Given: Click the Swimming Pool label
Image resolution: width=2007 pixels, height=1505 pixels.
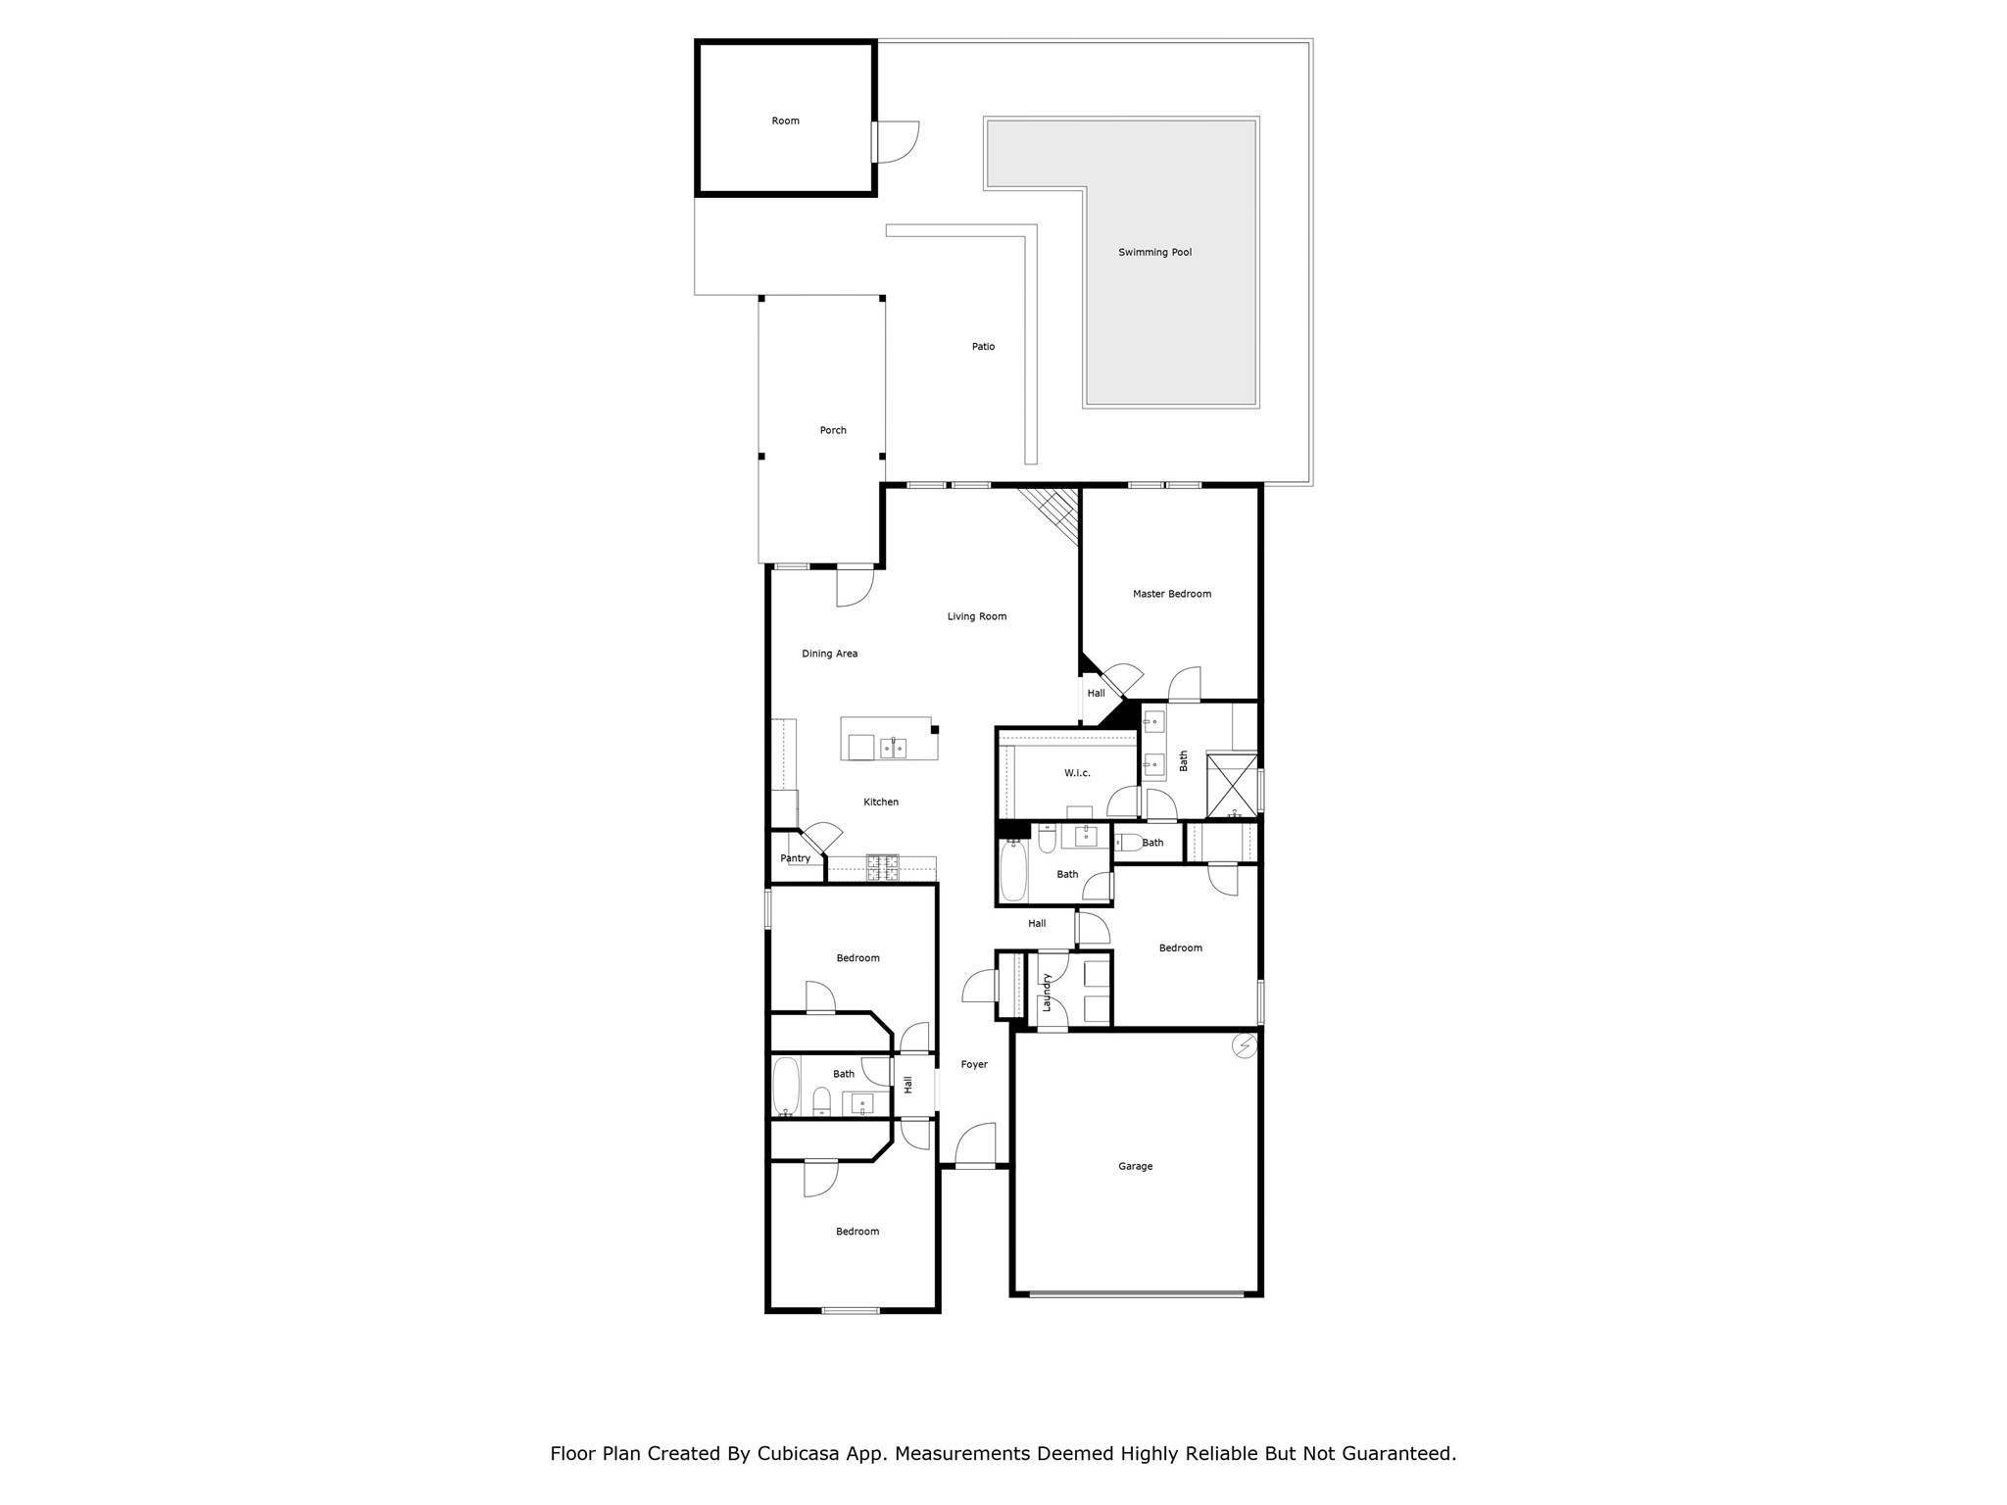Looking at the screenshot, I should coord(1154,253).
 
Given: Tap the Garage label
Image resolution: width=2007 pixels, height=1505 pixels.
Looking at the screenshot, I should coord(1135,1166).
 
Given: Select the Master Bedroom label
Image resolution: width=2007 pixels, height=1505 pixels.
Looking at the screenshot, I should coord(1171,594).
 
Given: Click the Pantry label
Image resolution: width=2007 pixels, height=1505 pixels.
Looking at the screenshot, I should coord(795,858).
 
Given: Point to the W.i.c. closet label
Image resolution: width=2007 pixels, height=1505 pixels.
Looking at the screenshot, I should coord(1077,773).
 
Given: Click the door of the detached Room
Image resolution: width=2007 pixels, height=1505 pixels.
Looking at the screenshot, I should coord(896,141).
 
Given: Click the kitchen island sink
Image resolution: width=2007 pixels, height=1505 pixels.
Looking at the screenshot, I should coord(893,749).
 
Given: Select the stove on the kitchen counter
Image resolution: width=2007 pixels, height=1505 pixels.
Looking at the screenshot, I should coord(881,868).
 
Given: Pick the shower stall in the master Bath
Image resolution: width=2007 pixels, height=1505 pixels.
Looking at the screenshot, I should coord(1232,786).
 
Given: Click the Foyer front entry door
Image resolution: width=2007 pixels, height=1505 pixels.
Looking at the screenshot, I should coord(975,1146).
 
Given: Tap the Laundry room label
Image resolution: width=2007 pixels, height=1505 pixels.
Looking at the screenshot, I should coord(1047,992).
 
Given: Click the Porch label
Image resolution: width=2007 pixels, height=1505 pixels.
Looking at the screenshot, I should coord(833,430).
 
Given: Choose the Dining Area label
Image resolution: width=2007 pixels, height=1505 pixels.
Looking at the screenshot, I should coord(829,654).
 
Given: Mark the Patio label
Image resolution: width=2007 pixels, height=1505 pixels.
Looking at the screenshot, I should coord(983,347).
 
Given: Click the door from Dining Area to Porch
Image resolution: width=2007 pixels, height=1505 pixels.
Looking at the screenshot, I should coord(855,586).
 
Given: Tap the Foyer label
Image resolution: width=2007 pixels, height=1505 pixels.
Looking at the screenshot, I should coord(973,1064).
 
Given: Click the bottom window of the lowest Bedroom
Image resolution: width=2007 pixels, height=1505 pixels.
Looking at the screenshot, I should coord(851,1310).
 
